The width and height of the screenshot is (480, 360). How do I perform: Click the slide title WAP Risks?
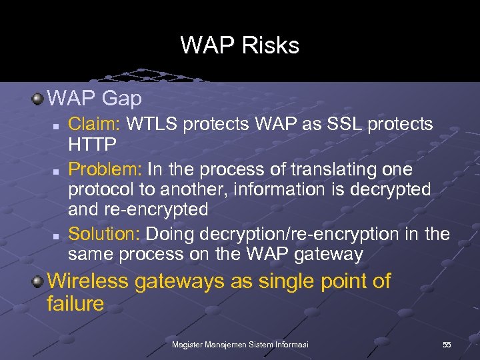tap(240, 45)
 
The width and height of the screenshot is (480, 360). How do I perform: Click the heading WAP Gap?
tap(95, 99)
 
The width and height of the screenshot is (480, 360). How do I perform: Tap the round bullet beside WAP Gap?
tap(38, 99)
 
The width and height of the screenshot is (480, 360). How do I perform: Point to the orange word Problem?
tap(105, 169)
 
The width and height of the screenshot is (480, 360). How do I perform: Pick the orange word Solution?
tap(105, 234)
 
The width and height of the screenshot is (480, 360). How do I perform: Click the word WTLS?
tap(153, 124)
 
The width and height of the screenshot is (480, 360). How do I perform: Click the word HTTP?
tap(93, 144)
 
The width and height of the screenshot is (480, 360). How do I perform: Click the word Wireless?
tap(88, 281)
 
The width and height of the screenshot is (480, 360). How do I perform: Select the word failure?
tap(76, 304)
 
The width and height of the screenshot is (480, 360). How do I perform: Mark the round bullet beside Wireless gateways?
tap(38, 281)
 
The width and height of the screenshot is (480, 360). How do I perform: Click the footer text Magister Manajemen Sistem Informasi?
tap(239, 344)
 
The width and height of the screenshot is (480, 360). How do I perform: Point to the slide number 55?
tap(447, 344)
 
